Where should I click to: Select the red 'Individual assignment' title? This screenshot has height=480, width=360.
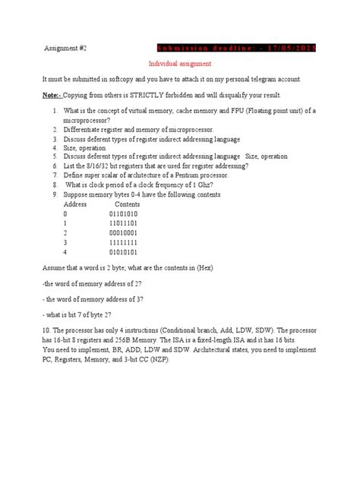(x=179, y=64)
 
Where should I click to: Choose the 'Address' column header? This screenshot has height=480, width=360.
(x=75, y=204)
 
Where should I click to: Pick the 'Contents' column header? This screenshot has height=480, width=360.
(x=127, y=204)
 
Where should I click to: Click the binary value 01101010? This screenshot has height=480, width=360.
(x=125, y=216)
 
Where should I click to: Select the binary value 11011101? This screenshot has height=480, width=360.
(x=125, y=226)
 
